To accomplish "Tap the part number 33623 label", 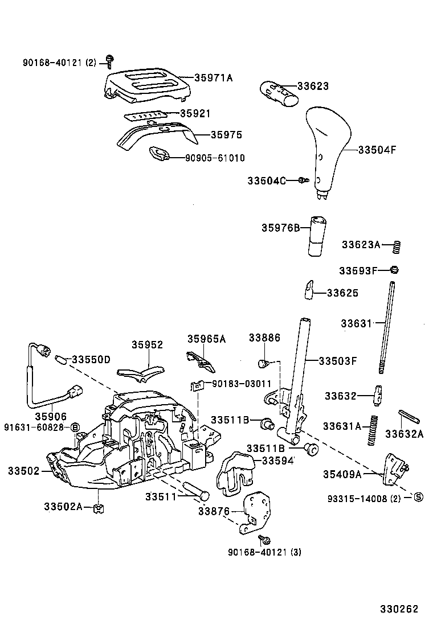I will (312, 86).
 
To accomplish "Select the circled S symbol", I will (418, 498).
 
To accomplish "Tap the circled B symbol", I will (75, 427).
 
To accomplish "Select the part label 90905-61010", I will (215, 158).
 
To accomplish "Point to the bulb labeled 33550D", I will (60, 359).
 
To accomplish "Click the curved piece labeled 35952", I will (138, 372).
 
